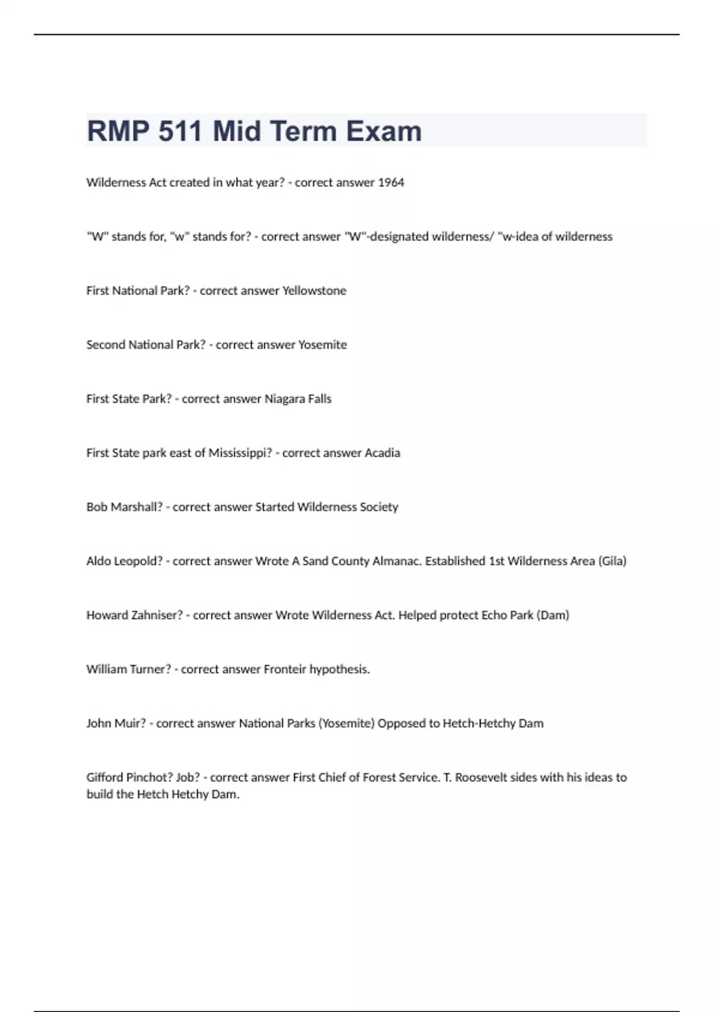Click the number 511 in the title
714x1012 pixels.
[x=180, y=131]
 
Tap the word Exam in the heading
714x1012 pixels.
[x=384, y=131]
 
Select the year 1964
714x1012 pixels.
[x=391, y=183]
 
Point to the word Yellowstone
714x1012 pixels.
[x=314, y=291]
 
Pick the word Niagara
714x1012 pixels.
[x=284, y=399]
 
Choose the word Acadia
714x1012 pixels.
[x=382, y=453]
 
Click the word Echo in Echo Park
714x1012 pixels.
[x=494, y=616]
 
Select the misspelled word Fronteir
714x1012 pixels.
[x=284, y=670]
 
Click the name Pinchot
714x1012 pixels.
[x=149, y=777]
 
